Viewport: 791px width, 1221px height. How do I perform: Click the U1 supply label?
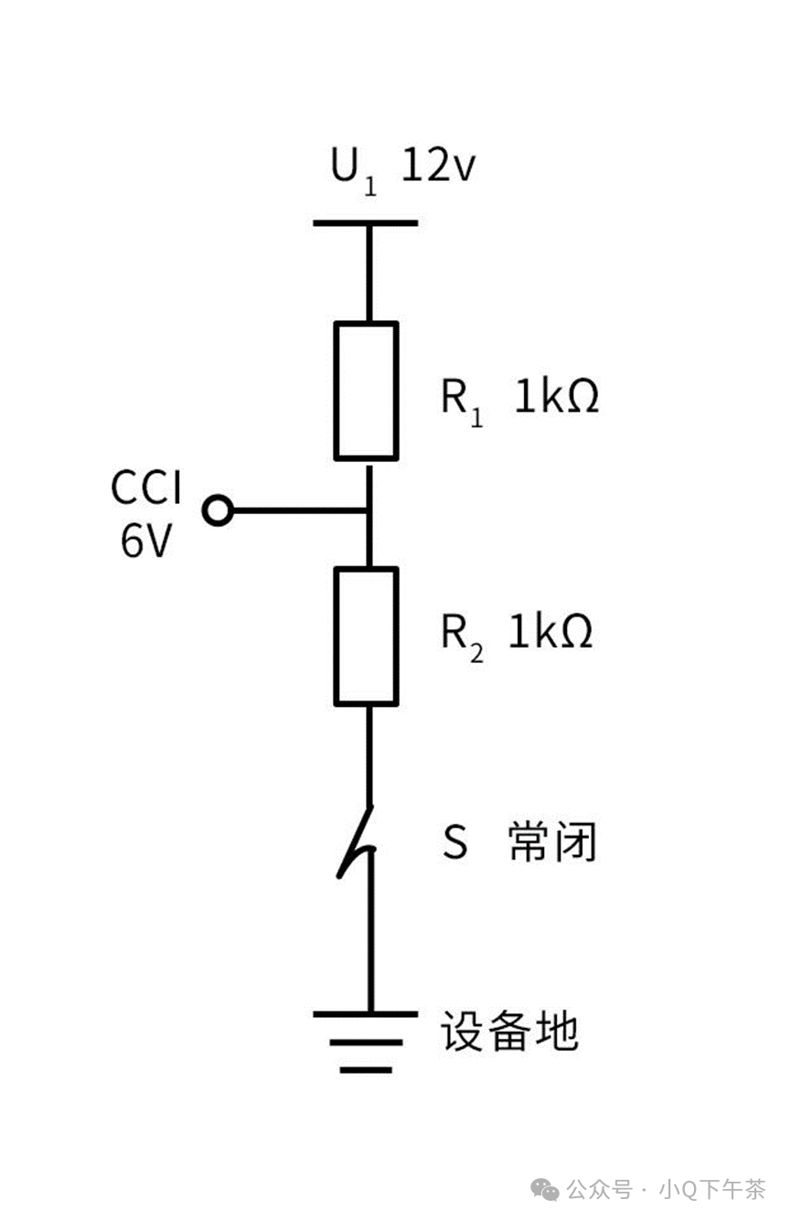click(353, 170)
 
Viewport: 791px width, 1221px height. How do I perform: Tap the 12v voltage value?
click(439, 167)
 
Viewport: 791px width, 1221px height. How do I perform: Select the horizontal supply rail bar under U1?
click(366, 222)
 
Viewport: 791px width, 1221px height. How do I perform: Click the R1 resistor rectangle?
click(366, 390)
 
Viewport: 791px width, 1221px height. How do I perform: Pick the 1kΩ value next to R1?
click(556, 397)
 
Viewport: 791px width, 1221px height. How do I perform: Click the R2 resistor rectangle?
click(366, 637)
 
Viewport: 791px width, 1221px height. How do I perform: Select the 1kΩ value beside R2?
click(550, 631)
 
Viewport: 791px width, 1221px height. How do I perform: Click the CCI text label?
click(146, 488)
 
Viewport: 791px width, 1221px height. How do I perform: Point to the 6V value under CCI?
click(145, 541)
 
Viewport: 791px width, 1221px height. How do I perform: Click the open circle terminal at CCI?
click(218, 511)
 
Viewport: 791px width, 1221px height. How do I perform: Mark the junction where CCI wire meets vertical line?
click(368, 511)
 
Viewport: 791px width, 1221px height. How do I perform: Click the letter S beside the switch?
click(454, 842)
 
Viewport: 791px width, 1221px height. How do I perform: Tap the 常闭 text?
click(551, 842)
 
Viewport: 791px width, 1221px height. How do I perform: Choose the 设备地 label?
click(509, 1032)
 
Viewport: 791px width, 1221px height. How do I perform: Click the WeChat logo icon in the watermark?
click(548, 1189)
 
